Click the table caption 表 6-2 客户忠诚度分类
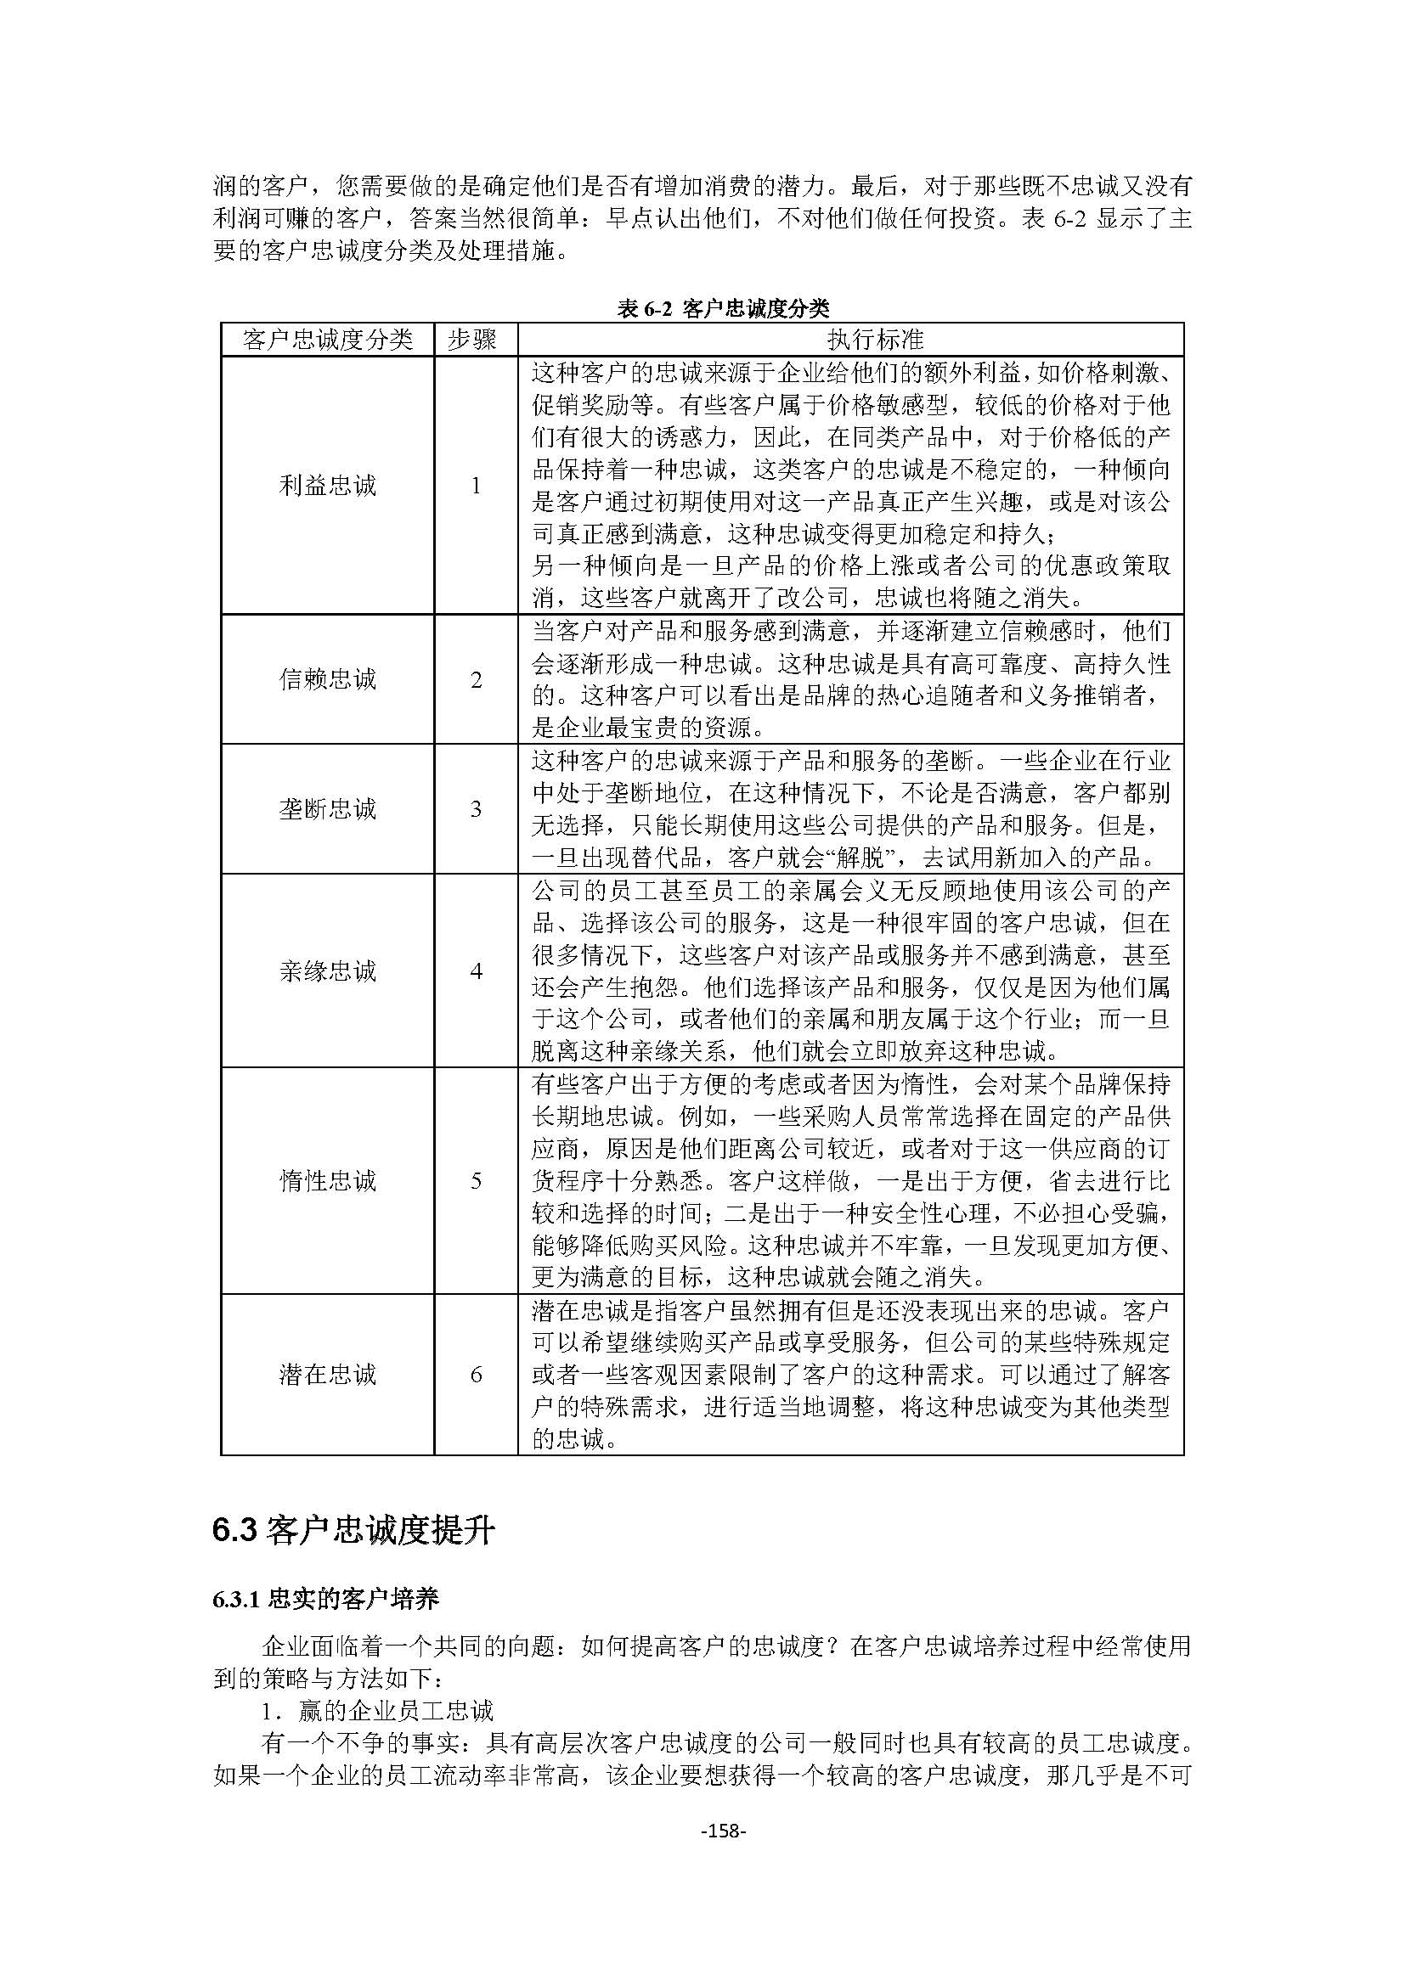click(723, 309)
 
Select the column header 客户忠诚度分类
click(327, 340)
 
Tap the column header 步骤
click(475, 340)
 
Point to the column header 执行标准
click(851, 340)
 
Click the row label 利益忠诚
click(327, 486)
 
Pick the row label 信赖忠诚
click(327, 679)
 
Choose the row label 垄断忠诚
click(327, 809)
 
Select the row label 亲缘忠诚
click(327, 970)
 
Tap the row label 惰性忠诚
click(327, 1181)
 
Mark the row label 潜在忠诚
click(327, 1375)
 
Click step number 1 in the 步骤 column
click(475, 487)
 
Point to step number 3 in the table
click(475, 810)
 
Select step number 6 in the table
click(475, 1376)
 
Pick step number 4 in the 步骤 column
click(475, 971)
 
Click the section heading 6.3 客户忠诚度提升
click(353, 1531)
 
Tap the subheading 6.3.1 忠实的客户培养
click(325, 1599)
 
